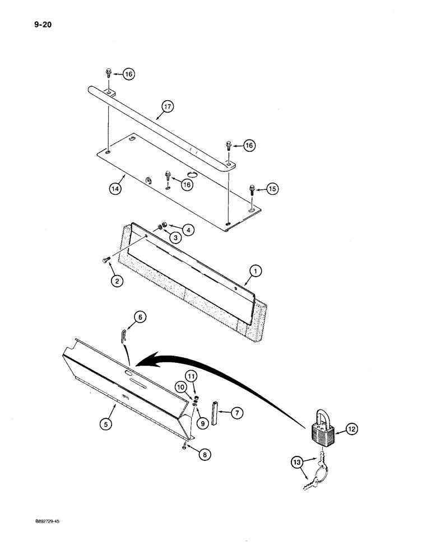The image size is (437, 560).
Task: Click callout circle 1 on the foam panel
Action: pos(255,272)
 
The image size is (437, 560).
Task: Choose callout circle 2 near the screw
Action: pos(117,281)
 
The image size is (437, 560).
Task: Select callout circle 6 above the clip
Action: pos(140,317)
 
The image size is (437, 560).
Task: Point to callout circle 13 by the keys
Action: pos(296,462)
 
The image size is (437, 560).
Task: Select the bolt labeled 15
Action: pos(253,193)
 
